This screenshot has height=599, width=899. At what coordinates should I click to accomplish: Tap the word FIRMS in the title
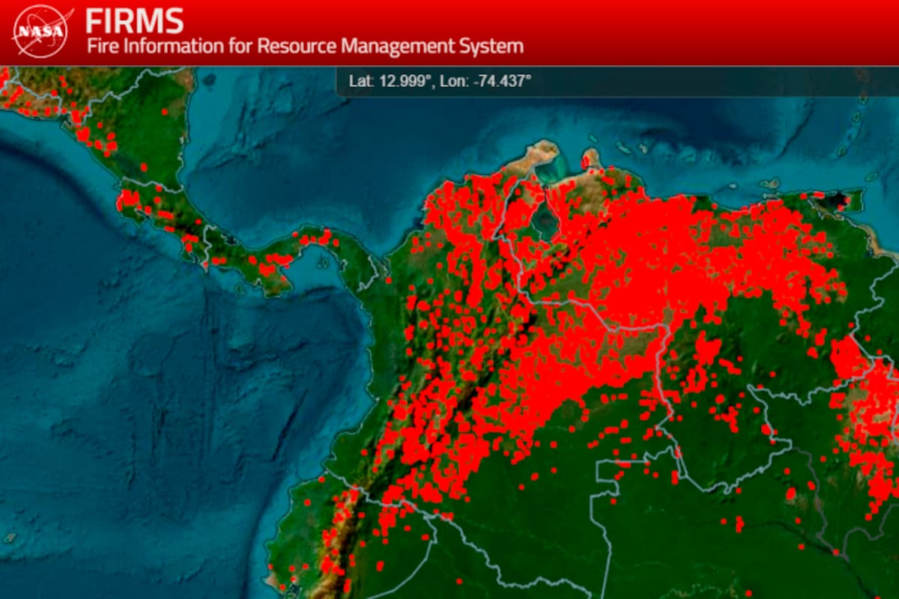tap(134, 20)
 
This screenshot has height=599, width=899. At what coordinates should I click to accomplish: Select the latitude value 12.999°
tap(405, 81)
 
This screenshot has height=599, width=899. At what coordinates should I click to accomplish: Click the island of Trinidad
tap(847, 200)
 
